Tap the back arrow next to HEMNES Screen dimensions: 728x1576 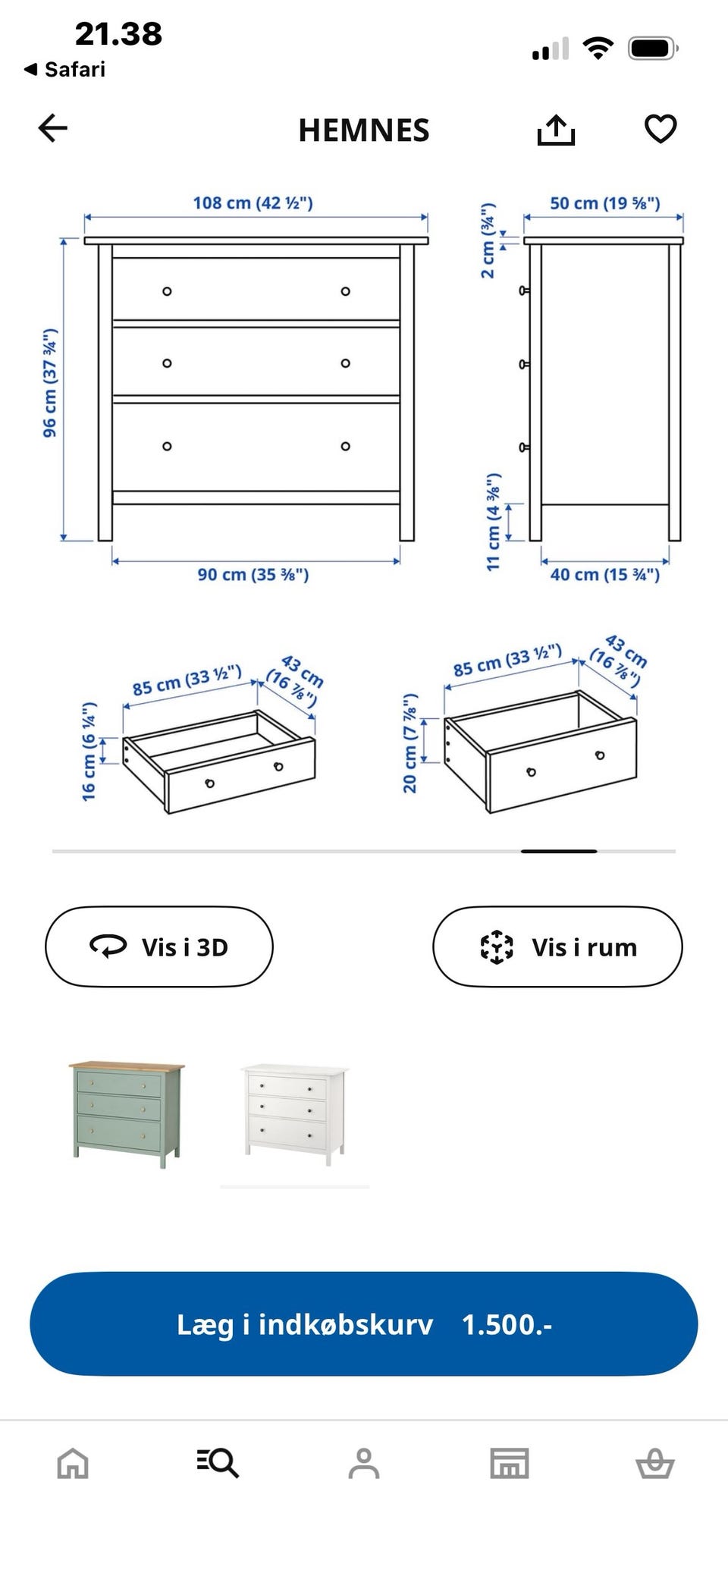coord(53,128)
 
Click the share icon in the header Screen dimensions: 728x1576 coord(556,130)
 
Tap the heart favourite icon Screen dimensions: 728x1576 coord(661,129)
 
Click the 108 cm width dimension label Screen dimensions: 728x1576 coord(253,203)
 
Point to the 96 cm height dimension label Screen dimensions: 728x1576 coord(50,383)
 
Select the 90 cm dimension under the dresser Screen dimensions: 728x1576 coord(253,575)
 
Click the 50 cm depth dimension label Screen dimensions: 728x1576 coord(605,203)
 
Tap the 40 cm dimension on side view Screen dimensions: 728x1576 coord(605,575)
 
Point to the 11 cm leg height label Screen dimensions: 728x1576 coord(494,522)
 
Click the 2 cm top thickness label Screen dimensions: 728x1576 coord(488,240)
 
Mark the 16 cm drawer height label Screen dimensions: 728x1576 coord(89,751)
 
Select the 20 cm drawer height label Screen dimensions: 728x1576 coord(409,743)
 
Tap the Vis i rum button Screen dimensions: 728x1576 coord(557,947)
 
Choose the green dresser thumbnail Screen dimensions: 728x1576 coord(127,1114)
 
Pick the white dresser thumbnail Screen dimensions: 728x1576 coord(295,1114)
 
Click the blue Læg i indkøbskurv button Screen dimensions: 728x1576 coord(364,1324)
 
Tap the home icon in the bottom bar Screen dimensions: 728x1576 coord(73,1463)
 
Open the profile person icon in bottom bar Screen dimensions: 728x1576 coord(364,1463)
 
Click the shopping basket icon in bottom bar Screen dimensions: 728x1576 coord(655,1463)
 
